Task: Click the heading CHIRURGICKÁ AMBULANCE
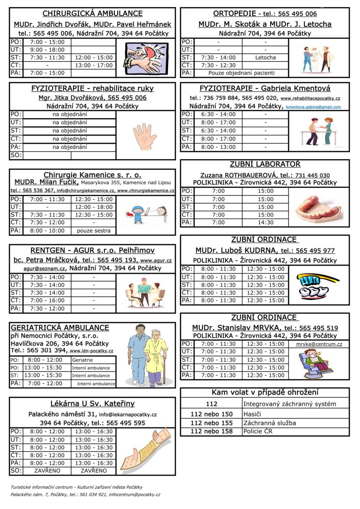click(x=92, y=14)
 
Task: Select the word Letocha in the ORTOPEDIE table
click(x=265, y=57)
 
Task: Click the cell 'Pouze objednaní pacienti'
click(x=242, y=73)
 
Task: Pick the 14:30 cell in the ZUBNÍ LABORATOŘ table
click(x=265, y=222)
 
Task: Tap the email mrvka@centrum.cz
click(x=319, y=344)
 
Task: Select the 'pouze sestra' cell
click(x=94, y=231)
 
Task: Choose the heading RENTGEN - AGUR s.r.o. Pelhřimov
click(x=92, y=250)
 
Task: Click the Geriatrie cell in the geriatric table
click(x=82, y=360)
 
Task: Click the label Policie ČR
click(x=259, y=431)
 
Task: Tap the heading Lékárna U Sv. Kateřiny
click(x=92, y=404)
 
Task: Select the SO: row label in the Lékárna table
click(x=16, y=470)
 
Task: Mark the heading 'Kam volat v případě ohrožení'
click(x=265, y=392)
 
